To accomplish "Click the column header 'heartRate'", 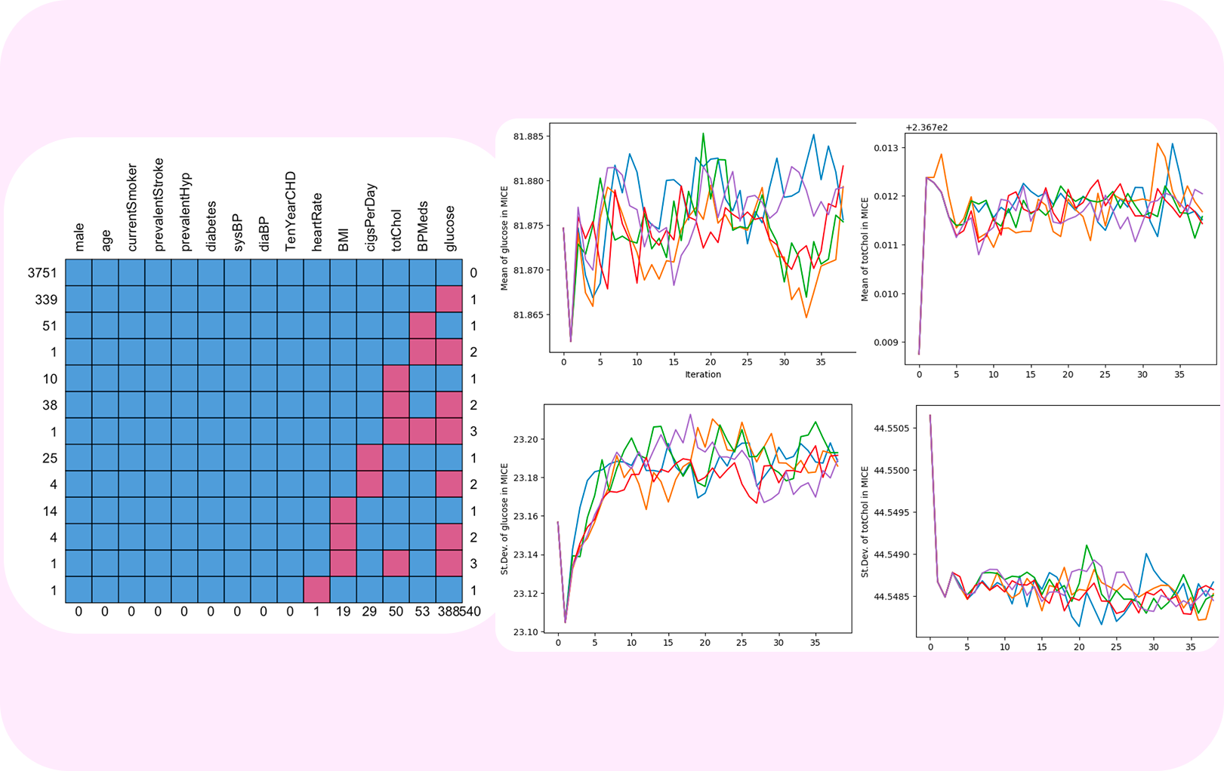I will (317, 222).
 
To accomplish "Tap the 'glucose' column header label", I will (449, 228).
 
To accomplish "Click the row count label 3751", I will (42, 273).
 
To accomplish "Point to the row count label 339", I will (46, 299).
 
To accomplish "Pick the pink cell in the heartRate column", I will (316, 589).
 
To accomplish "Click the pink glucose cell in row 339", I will (449, 299).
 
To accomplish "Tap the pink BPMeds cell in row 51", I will (423, 326).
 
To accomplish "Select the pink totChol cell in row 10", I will (396, 379).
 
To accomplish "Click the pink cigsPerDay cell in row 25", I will (370, 458).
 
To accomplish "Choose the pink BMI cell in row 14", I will (344, 511).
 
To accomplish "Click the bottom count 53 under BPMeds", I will (422, 612).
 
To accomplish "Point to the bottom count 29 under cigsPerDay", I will (369, 612).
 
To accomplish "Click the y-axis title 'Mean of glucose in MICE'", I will (504, 238).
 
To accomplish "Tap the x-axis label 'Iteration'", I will (702, 374).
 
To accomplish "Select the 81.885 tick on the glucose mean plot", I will (528, 137).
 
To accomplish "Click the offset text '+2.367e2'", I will (926, 127).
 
